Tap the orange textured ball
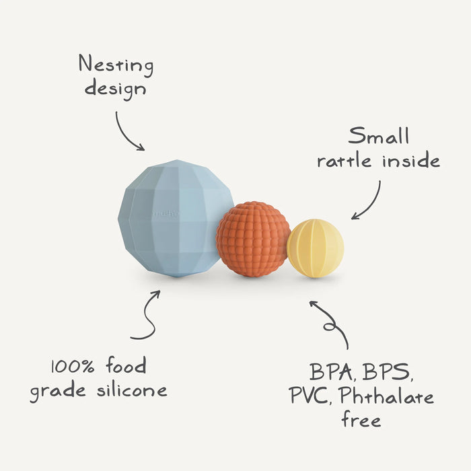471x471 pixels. point(253,239)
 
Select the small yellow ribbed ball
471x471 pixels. point(316,248)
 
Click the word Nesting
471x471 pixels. point(116,65)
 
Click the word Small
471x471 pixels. point(379,137)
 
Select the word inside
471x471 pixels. point(412,161)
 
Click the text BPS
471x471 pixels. point(391,371)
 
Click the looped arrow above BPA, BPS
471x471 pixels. point(330,323)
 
